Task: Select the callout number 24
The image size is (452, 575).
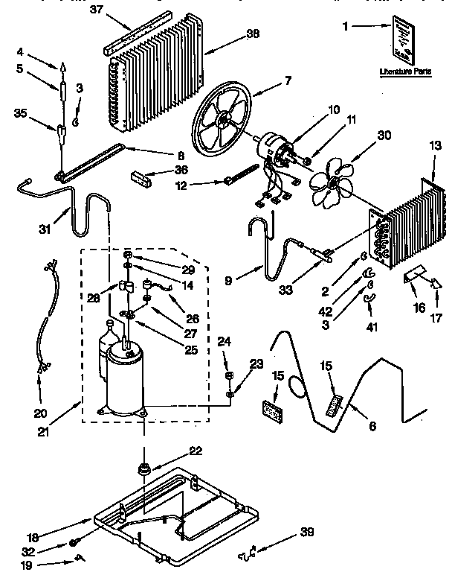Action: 225,342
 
